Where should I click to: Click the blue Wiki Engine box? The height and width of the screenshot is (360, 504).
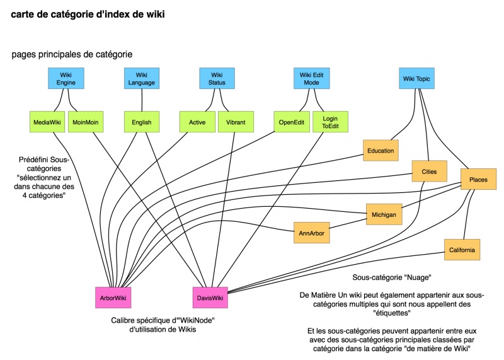pos(66,79)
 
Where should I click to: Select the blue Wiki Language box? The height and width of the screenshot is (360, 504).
pos(141,79)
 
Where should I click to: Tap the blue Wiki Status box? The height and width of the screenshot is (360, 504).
pos(217,79)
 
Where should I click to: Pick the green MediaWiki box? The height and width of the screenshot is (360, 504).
pos(48,122)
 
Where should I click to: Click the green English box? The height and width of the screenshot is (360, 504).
pos(142,122)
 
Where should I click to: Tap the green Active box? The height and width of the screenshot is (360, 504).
pos(197,122)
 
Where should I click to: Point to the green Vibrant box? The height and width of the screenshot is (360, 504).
pos(236,122)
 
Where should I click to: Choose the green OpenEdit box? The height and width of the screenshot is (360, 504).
pos(291,122)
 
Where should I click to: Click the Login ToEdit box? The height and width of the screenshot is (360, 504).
pos(330,122)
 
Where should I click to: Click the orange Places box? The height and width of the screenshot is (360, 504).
pos(478,180)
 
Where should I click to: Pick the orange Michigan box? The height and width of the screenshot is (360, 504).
pos(384,214)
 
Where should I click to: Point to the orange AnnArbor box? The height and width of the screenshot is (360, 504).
pos(312,232)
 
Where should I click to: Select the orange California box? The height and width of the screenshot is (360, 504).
pos(462,250)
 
